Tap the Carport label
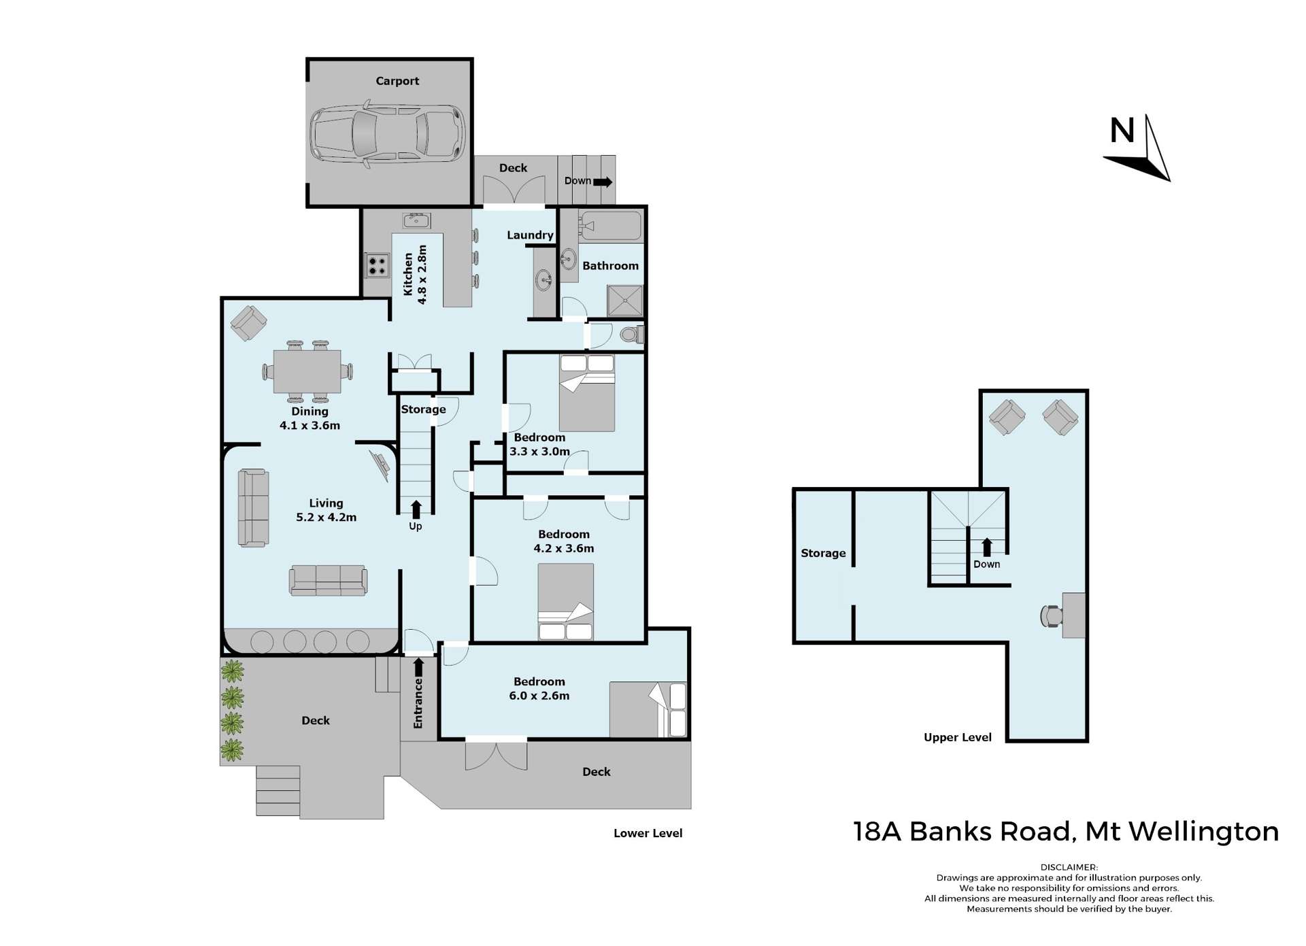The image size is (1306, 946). [x=397, y=81]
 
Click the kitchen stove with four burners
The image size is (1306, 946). [x=376, y=265]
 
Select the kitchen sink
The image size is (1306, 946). [x=416, y=220]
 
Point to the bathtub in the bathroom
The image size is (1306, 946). [x=610, y=226]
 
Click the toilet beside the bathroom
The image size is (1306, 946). [x=631, y=335]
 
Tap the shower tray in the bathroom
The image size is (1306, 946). [x=624, y=301]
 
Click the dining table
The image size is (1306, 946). [x=307, y=371]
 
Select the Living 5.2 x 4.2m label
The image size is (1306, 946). [x=326, y=510]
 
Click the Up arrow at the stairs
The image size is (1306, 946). [x=416, y=509]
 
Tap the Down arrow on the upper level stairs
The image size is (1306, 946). [x=986, y=547]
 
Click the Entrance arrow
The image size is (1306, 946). [x=418, y=668]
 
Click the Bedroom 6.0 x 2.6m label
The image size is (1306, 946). [x=539, y=688]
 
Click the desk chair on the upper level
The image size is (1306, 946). [x=1051, y=615]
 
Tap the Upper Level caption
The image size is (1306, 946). [x=957, y=737]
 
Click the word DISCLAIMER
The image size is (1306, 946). [x=1069, y=867]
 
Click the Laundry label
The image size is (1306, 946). [x=530, y=235]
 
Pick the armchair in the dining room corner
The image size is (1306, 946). [x=248, y=323]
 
